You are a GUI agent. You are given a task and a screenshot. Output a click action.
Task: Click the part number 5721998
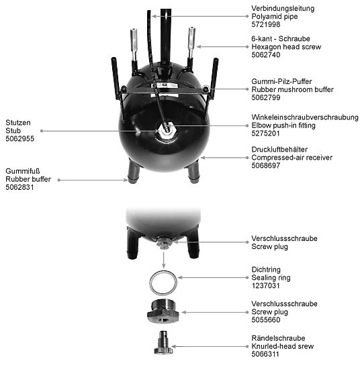(x=265, y=24)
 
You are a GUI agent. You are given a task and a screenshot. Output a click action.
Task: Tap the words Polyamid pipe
(x=275, y=17)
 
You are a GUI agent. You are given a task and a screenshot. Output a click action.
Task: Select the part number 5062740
(x=265, y=55)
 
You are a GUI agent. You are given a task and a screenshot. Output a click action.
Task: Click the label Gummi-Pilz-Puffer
(x=281, y=81)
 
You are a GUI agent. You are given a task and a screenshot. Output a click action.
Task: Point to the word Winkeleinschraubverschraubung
(x=305, y=117)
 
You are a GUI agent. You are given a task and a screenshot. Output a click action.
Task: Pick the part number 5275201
(x=265, y=134)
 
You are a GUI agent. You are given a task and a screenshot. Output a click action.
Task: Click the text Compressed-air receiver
(x=291, y=158)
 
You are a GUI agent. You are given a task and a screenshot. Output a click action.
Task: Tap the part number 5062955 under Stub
(x=19, y=139)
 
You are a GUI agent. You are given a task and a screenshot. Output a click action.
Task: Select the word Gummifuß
(x=23, y=171)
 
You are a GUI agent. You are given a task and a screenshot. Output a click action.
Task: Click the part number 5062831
(x=19, y=187)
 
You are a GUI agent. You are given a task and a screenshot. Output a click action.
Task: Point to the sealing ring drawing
(x=163, y=282)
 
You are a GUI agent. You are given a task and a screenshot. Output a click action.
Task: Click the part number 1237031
(x=265, y=286)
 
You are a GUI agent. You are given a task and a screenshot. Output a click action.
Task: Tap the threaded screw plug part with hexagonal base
(x=163, y=311)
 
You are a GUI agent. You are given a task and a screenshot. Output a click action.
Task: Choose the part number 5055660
(x=265, y=320)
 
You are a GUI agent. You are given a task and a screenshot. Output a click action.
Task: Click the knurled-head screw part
(x=163, y=342)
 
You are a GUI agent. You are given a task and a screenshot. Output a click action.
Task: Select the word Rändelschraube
(x=278, y=338)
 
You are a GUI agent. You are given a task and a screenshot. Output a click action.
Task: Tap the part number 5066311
(x=265, y=354)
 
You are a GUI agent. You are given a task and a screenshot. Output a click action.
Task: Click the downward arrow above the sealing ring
(x=164, y=260)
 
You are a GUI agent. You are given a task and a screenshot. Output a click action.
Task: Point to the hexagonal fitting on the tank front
(x=167, y=129)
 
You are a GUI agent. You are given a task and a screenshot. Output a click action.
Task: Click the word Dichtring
(x=266, y=270)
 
